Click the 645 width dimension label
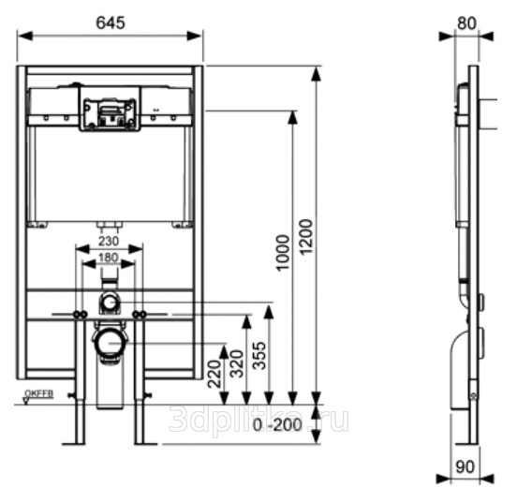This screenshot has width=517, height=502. coord(111,23)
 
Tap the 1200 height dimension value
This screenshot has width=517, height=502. coord(306,237)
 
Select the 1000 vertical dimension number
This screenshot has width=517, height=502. coord(283,253)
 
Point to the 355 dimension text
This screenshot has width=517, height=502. coord(258,356)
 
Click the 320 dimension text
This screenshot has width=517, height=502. coord(236,364)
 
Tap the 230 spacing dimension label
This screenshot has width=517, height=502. coord(109,242)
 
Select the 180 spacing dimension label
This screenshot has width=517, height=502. coord(108,258)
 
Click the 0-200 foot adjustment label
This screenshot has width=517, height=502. coord(277,425)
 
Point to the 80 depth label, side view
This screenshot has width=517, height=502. coord(466,23)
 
